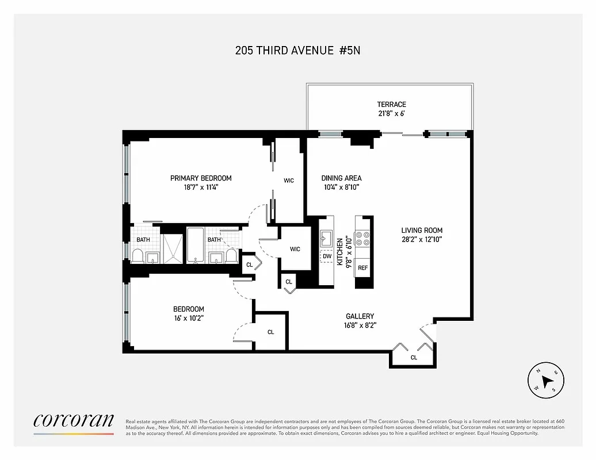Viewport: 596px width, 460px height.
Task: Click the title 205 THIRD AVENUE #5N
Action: pos(297,50)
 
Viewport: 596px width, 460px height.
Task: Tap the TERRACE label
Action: pos(391,104)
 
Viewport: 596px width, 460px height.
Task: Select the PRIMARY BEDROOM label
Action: pos(201,178)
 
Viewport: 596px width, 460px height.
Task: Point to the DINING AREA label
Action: pos(341,178)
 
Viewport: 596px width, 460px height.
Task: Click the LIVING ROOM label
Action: pos(421,231)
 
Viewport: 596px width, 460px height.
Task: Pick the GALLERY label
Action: pos(360,316)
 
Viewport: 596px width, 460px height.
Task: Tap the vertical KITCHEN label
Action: pos(340,251)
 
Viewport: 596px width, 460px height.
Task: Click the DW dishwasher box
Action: pos(327,256)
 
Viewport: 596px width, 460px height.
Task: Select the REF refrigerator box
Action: pos(363,268)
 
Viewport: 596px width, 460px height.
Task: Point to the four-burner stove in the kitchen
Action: pos(363,239)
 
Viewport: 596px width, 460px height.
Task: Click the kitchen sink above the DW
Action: pos(326,236)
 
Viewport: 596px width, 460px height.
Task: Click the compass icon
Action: pos(545,381)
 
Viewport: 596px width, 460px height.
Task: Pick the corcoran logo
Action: pos(74,421)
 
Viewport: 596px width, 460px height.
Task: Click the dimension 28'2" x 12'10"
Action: pos(421,239)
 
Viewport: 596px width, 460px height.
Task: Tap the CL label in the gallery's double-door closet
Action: pos(414,358)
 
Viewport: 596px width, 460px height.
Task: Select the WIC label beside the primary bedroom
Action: pos(289,181)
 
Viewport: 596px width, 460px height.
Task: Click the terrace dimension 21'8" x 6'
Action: pos(391,113)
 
